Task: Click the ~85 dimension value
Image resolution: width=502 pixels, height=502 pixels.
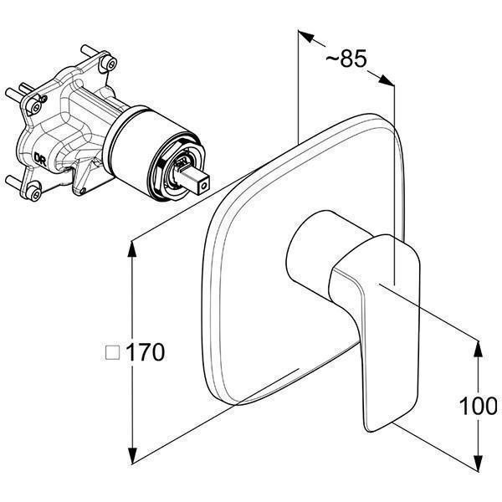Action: tap(346, 59)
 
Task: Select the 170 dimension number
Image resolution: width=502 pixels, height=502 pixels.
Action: tap(146, 352)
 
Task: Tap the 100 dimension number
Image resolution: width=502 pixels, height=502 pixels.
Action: tap(479, 406)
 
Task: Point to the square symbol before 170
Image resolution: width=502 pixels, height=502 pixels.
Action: tap(113, 352)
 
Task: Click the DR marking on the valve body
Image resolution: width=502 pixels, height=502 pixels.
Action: tap(40, 158)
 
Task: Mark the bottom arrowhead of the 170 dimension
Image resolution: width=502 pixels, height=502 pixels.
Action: tap(132, 454)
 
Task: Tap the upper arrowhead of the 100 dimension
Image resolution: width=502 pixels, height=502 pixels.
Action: tap(478, 349)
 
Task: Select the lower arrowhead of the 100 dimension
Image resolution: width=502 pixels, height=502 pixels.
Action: tap(478, 464)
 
